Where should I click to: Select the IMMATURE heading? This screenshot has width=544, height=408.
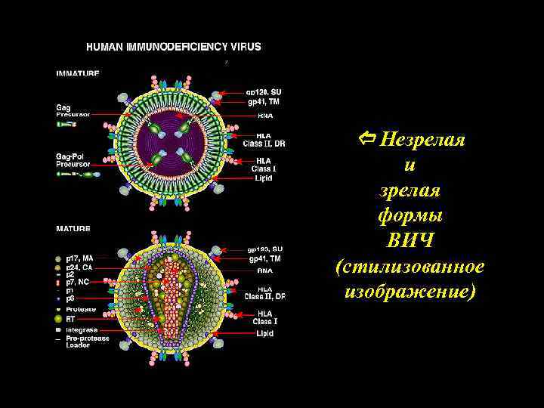pyautogui.click(x=77, y=73)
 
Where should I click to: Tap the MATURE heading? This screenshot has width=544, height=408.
pyautogui.click(x=73, y=228)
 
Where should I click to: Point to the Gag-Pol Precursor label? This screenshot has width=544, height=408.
pyautogui.click(x=74, y=160)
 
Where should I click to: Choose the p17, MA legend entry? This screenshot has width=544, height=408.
pyautogui.click(x=79, y=258)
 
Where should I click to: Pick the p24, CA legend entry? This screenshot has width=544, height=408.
pyautogui.click(x=79, y=266)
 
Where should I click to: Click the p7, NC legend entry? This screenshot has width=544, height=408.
pyautogui.click(x=77, y=282)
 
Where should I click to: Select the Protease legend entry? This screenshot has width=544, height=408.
pyautogui.click(x=80, y=309)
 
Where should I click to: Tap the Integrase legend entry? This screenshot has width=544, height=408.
pyautogui.click(x=82, y=329)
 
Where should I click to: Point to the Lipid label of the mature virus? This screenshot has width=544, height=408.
pyautogui.click(x=264, y=333)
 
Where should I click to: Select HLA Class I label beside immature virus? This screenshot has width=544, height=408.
pyautogui.click(x=264, y=164)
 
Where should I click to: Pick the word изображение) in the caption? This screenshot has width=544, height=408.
pyautogui.click(x=410, y=292)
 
